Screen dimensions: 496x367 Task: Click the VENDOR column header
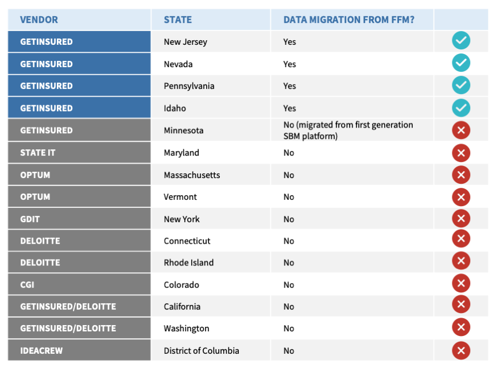click(x=39, y=20)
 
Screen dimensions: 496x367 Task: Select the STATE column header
click(x=178, y=20)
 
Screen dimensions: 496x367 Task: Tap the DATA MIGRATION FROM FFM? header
click(x=348, y=20)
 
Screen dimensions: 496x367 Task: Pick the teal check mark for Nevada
click(x=461, y=63)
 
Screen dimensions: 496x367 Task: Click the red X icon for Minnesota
click(x=461, y=130)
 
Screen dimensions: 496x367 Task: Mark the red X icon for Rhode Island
click(x=461, y=261)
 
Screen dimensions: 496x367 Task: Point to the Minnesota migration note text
click(x=348, y=130)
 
